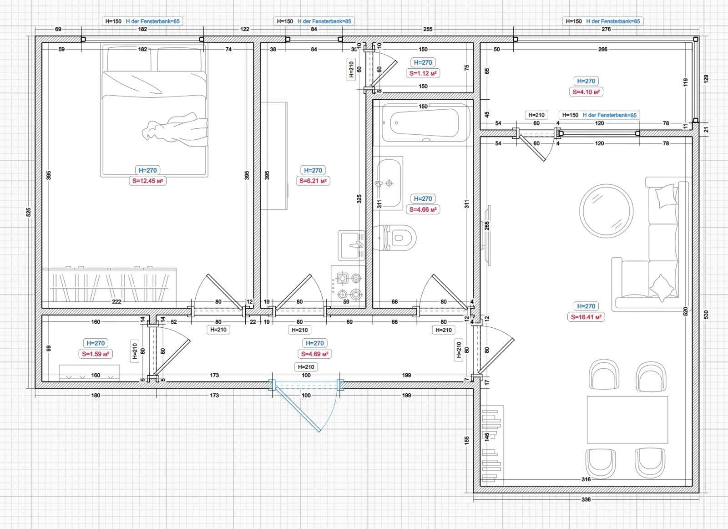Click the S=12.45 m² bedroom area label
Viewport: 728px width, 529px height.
click(x=147, y=181)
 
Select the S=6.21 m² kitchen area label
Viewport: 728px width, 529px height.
click(x=313, y=181)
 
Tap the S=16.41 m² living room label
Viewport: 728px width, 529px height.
click(x=586, y=317)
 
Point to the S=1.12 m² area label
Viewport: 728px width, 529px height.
click(x=423, y=73)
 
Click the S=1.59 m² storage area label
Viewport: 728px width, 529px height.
click(x=96, y=354)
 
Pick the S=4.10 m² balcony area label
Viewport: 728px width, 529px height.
click(x=586, y=92)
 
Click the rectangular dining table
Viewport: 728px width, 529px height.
click(x=627, y=419)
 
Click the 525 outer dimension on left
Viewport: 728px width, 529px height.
click(x=28, y=212)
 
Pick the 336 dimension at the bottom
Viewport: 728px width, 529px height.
click(x=586, y=499)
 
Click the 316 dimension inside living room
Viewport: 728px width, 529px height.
click(x=586, y=479)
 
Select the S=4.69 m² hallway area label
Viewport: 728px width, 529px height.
click(x=315, y=354)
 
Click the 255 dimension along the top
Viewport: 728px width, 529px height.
click(x=428, y=29)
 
